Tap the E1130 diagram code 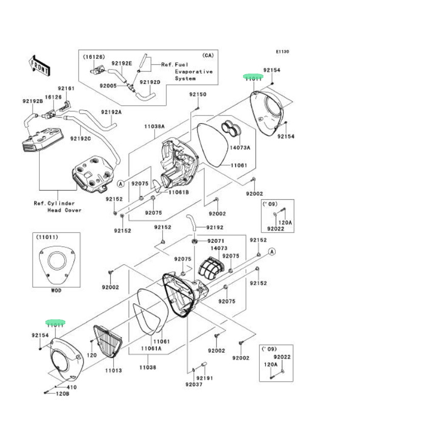(x=282, y=52)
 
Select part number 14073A (x=240, y=147)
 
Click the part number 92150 (x=198, y=95)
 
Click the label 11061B (x=179, y=192)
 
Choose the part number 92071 (x=215, y=241)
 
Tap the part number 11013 (x=113, y=370)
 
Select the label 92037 (x=194, y=384)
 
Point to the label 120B (x=62, y=394)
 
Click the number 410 (x=71, y=387)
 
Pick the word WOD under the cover (x=57, y=290)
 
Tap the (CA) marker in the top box (x=208, y=55)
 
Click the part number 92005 (x=108, y=85)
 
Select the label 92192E (x=122, y=63)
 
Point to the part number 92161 (x=66, y=88)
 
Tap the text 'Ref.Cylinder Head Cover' (x=58, y=206)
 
